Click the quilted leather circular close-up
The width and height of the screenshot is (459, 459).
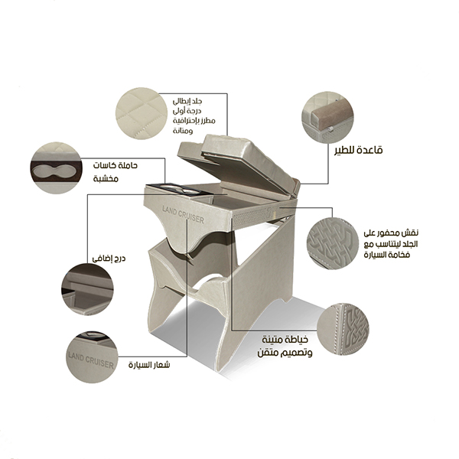(142, 113)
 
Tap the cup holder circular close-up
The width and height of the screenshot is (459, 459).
(56, 168)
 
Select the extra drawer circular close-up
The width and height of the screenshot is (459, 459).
(87, 289)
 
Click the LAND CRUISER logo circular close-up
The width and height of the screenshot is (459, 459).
(92, 357)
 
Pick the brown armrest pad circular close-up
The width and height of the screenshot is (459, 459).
(327, 117)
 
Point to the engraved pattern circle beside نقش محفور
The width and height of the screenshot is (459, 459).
(333, 243)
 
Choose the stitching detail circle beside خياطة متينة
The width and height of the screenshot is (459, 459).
(343, 329)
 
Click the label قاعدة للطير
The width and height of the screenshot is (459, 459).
(359, 150)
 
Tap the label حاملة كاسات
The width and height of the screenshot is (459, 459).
(115, 165)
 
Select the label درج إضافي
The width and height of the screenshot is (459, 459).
(109, 259)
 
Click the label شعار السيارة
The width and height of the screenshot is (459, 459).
(149, 365)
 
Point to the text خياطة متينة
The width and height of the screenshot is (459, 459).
(285, 340)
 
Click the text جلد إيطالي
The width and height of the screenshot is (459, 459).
(187, 101)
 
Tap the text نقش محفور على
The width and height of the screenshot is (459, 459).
(391, 233)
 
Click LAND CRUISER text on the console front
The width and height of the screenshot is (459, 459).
(184, 214)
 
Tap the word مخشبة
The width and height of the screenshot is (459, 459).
(106, 178)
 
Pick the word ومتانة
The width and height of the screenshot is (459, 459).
(183, 131)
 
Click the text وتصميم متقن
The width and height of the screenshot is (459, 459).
(285, 353)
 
